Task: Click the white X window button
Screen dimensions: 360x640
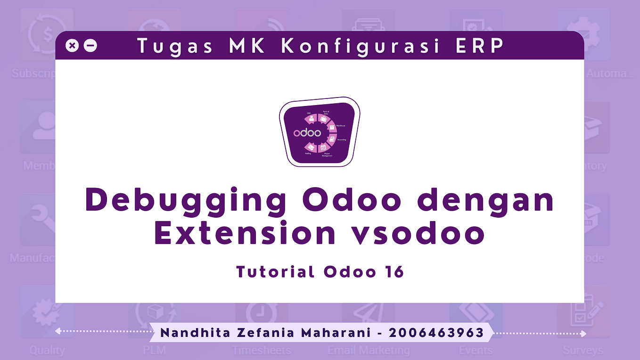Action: point(72,46)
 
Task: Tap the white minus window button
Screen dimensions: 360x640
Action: point(90,46)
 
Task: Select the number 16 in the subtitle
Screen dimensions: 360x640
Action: point(395,272)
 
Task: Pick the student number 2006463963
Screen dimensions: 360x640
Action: point(436,333)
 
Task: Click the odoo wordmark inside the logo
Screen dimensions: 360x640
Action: point(307,133)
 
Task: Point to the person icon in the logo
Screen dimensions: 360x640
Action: point(312,119)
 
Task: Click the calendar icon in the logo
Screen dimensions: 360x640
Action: point(324,148)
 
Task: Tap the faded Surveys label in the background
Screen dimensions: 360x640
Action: point(583,350)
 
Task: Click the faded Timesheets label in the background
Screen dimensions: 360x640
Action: point(262,350)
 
